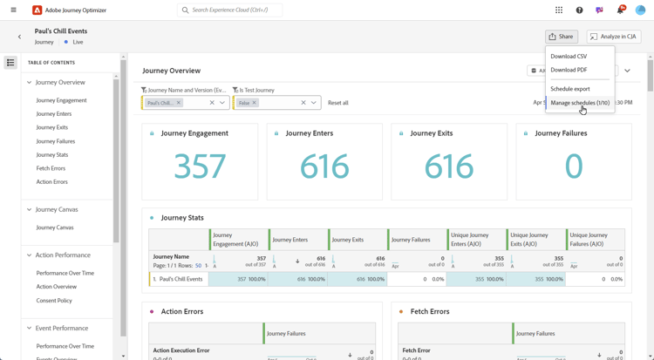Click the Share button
point(561,37)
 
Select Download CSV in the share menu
point(569,57)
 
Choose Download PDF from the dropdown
point(569,70)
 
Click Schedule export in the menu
point(570,89)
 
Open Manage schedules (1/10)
point(580,103)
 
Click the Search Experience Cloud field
point(231,10)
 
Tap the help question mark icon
point(579,10)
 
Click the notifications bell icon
point(620,10)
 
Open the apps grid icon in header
point(559,10)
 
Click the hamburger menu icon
point(13,10)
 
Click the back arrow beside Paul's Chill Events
point(20,37)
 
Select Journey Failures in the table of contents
point(56,141)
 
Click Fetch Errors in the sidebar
point(51,168)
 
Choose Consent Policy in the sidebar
point(54,301)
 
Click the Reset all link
point(338,103)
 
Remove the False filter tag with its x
point(255,103)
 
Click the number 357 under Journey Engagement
point(200,166)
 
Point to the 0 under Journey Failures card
point(573,166)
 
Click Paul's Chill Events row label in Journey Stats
point(181,279)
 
